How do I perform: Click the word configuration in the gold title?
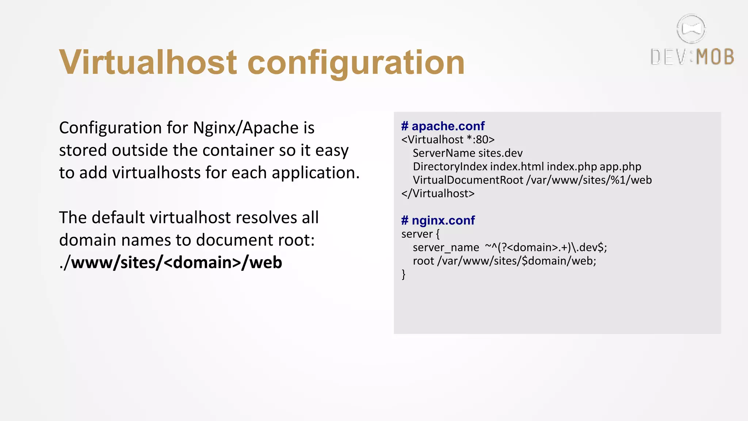356,63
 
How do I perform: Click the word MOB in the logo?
715,57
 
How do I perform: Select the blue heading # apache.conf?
443,126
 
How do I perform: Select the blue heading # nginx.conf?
438,220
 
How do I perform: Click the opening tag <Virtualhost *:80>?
448,140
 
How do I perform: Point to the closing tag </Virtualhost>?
438,193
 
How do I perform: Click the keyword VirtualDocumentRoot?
468,180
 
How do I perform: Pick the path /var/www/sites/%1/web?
589,180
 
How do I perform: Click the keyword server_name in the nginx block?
446,248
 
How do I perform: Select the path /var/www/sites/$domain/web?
516,261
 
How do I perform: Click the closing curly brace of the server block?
404,274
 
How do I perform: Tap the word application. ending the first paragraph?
316,173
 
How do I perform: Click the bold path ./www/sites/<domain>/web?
171,263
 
